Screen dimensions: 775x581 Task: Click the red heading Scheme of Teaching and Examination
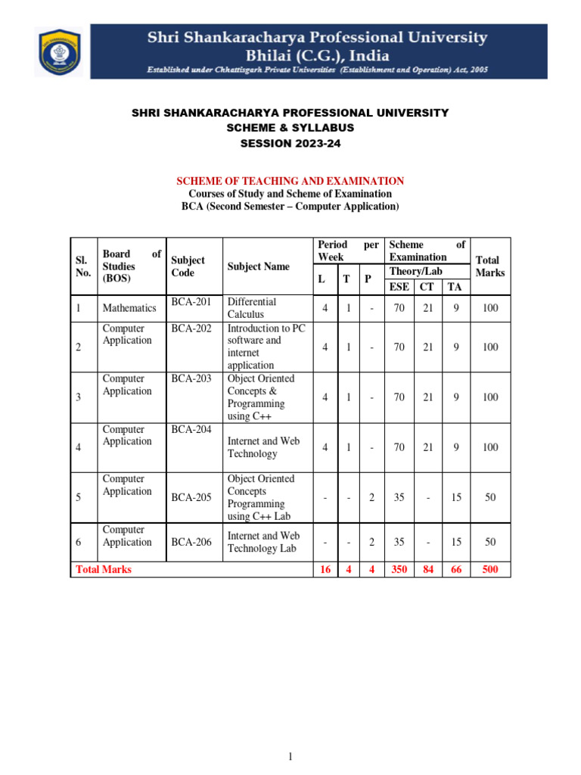click(x=290, y=181)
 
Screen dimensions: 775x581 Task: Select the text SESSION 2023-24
click(x=290, y=143)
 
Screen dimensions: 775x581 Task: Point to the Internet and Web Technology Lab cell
click(x=263, y=542)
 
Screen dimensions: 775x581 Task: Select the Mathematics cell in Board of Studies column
click(x=129, y=308)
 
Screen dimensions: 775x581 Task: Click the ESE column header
click(x=399, y=286)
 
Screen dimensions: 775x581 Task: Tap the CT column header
click(x=427, y=286)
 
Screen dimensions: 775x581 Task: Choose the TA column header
click(x=455, y=286)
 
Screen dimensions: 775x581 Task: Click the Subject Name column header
click(x=259, y=266)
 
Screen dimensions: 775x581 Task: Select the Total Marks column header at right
click(x=490, y=266)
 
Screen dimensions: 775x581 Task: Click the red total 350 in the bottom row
click(x=399, y=569)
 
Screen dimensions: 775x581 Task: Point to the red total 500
click(x=490, y=569)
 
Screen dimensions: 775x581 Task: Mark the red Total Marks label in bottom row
click(x=104, y=569)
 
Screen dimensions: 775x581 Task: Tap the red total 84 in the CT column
click(x=427, y=569)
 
